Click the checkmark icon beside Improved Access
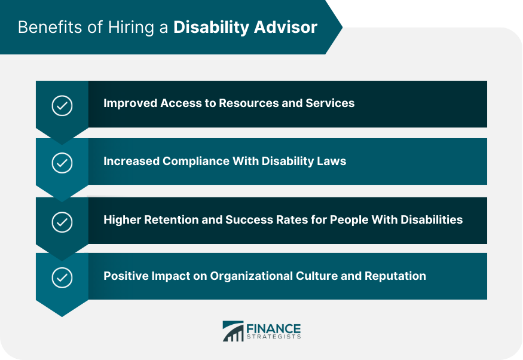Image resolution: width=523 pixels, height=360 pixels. click(62, 105)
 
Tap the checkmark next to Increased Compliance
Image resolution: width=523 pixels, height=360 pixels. click(62, 163)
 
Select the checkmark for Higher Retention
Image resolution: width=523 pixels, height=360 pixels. click(62, 222)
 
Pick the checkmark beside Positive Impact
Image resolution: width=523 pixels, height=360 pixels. click(62, 277)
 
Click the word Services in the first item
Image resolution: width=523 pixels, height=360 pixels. click(330, 103)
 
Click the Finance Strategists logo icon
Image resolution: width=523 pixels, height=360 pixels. click(233, 331)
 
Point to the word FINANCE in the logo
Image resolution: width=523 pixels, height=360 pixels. click(273, 328)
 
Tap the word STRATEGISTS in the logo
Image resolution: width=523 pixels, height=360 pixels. click(274, 337)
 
